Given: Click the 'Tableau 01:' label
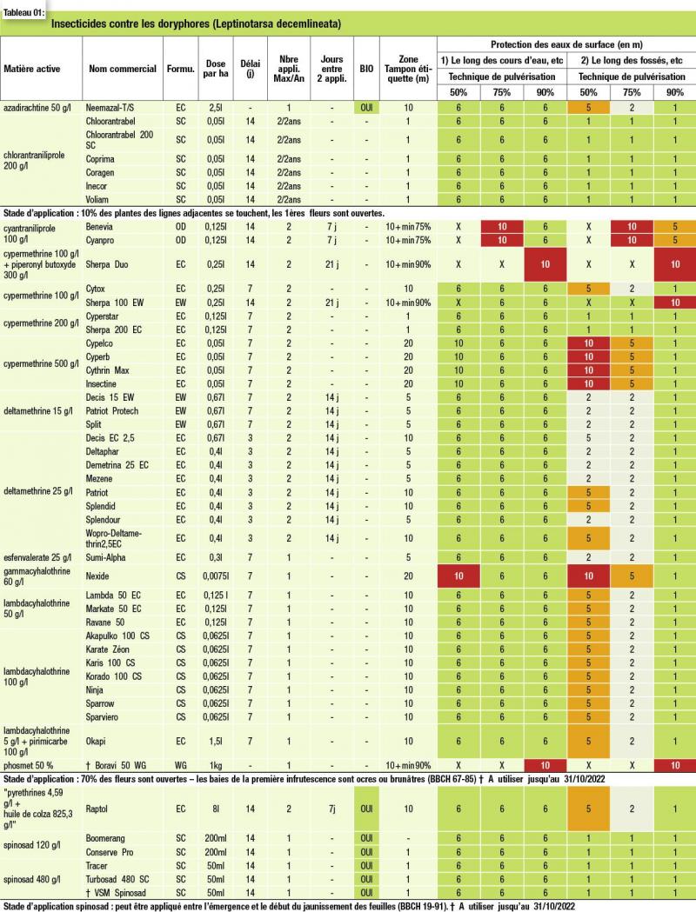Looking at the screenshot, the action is (x=23, y=13).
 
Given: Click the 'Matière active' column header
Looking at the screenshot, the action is (x=32, y=69).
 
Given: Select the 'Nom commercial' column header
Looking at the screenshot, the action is (x=123, y=69).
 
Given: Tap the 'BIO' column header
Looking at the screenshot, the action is (x=366, y=69).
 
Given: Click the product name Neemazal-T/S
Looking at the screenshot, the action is (x=110, y=108).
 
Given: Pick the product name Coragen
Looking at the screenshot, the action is (x=100, y=172).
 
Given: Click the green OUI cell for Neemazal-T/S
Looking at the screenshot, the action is (x=366, y=108).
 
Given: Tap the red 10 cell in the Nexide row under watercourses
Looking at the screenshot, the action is (x=458, y=576).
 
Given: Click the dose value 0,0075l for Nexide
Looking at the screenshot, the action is (x=216, y=576).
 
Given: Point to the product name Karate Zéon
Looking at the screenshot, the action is (x=108, y=649).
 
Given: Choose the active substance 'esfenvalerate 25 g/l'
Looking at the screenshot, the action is (x=37, y=557).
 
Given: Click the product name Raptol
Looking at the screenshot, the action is (x=97, y=809).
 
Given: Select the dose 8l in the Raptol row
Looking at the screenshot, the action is (x=216, y=809).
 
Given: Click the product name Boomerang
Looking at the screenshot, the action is (x=105, y=838).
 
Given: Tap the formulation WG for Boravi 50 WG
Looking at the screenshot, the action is (x=181, y=765).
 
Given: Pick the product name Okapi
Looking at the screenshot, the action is (x=96, y=741).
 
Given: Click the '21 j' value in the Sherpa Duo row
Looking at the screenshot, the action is (x=331, y=264).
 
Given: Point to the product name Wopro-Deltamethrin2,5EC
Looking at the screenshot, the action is (x=114, y=538).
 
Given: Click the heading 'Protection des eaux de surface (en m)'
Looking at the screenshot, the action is (x=566, y=44).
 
